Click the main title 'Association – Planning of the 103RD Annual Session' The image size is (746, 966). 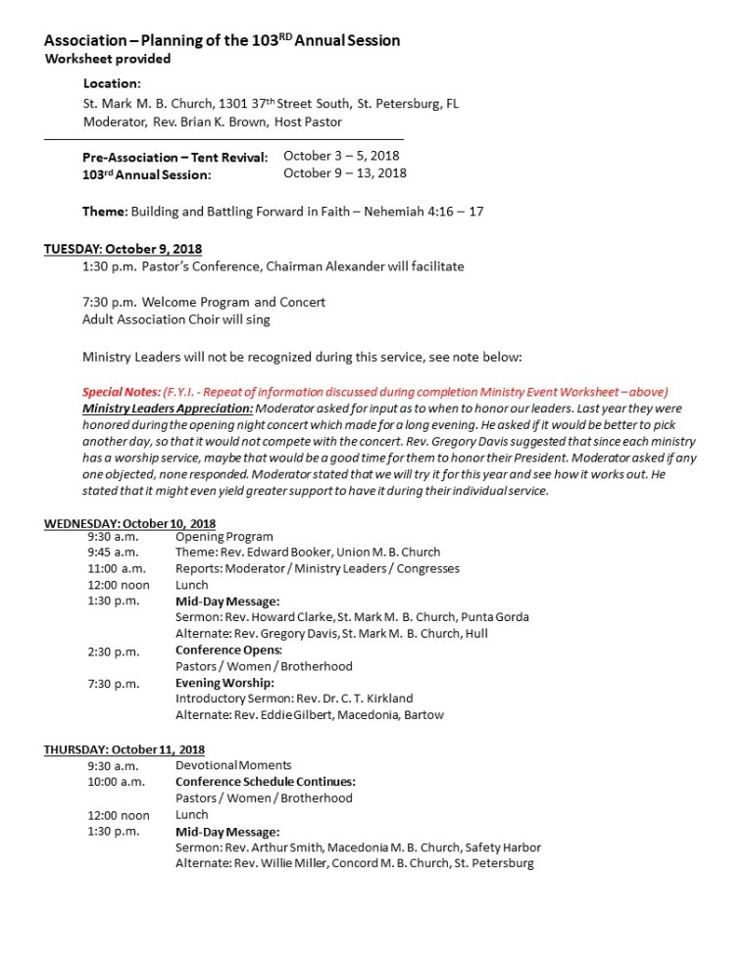222,40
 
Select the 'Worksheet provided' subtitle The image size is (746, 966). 108,59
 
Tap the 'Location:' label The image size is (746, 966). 112,84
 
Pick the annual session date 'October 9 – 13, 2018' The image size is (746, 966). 345,173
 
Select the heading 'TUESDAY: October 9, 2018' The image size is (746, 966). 123,249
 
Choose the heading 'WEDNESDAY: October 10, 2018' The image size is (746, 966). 129,523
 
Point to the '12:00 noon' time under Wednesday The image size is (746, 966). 119,585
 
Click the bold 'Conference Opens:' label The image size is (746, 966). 228,650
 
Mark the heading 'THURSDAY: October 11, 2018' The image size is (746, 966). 124,749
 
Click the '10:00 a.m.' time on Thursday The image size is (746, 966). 116,782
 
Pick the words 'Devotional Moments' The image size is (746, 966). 233,765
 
